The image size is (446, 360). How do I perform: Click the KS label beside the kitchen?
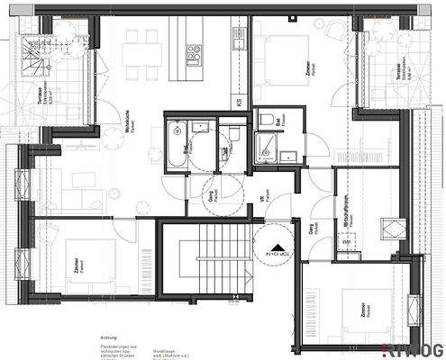[x=238, y=103]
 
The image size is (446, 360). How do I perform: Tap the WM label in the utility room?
[x=345, y=240]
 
